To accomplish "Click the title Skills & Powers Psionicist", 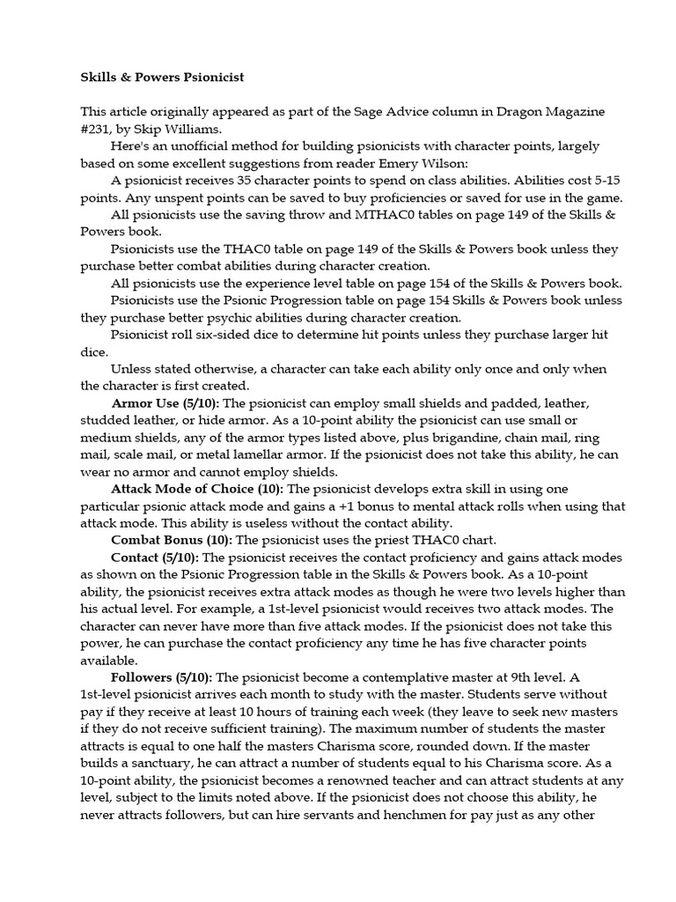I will [162, 78].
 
